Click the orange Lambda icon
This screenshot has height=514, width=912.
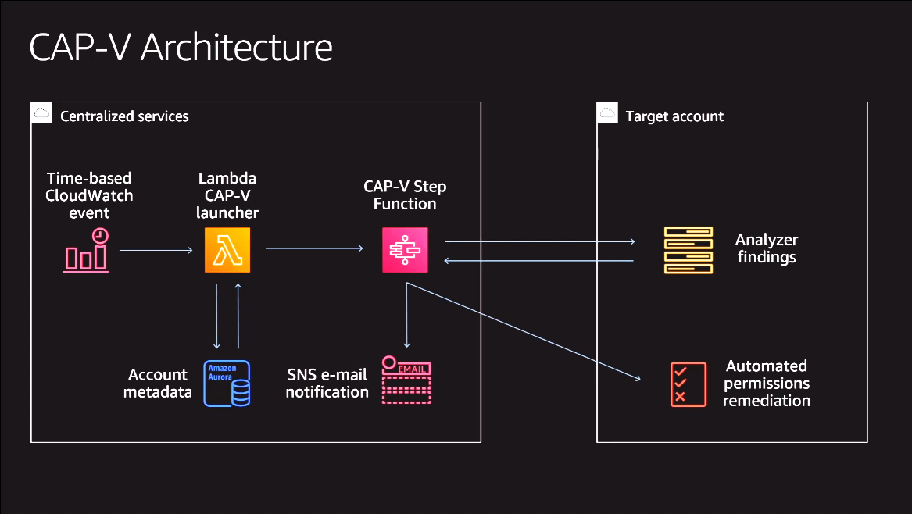(x=227, y=250)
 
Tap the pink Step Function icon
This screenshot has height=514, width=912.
(x=405, y=250)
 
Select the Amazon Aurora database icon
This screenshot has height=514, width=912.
(x=227, y=384)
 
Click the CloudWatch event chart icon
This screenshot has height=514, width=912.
(x=86, y=250)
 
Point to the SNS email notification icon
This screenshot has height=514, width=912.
(x=406, y=380)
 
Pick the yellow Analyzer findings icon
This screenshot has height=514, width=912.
(x=688, y=250)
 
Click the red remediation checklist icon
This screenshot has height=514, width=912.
(x=688, y=384)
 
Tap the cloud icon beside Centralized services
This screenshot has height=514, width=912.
(x=42, y=112)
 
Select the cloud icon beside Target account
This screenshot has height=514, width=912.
(x=607, y=112)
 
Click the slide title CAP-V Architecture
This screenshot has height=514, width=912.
(x=181, y=47)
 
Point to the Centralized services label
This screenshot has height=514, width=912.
(x=124, y=116)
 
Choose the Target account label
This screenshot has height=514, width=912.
(x=674, y=116)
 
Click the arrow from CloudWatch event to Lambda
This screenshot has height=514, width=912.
(x=156, y=250)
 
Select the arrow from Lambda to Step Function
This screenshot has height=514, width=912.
(x=315, y=248)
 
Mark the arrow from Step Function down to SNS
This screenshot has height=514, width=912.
(x=406, y=315)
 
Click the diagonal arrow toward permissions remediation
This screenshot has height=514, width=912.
(x=524, y=331)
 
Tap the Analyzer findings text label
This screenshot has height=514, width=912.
(x=767, y=248)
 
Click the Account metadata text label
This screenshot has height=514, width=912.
(x=158, y=384)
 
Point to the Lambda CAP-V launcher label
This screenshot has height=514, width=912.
(x=227, y=195)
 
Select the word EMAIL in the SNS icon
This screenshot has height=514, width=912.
(x=413, y=369)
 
